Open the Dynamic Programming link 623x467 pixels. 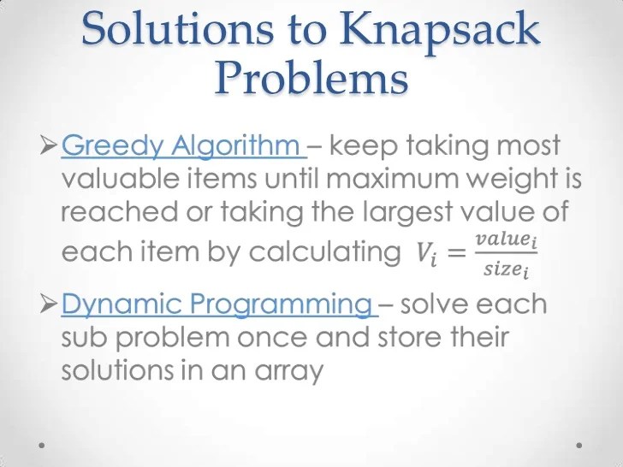point(216,304)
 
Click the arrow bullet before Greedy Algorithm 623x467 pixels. point(49,146)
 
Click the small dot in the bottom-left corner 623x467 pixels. point(43,445)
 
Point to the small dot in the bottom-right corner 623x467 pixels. point(580,445)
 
